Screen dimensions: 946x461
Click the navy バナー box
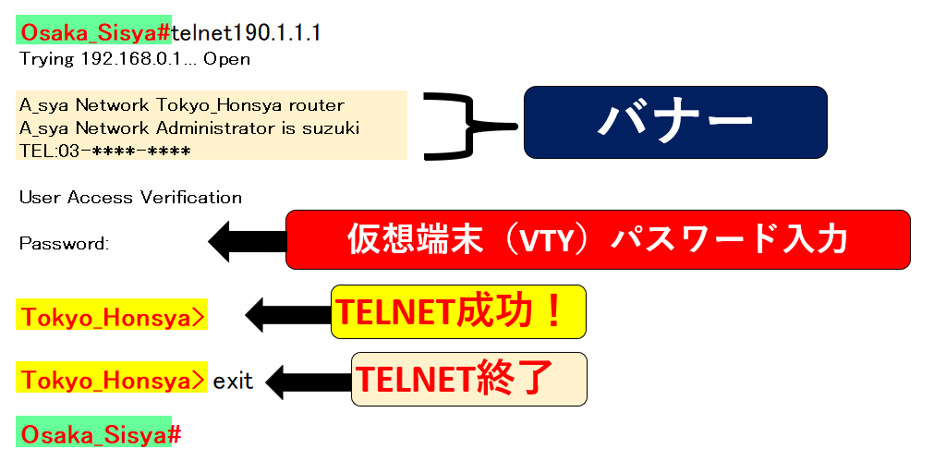click(675, 123)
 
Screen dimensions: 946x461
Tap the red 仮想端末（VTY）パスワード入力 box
click(598, 239)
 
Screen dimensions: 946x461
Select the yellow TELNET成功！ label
click(458, 311)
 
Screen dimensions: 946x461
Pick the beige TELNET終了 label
click(468, 379)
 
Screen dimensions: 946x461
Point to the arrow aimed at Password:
click(247, 241)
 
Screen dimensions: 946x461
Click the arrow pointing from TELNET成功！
click(288, 314)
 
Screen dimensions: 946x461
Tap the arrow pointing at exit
click(309, 382)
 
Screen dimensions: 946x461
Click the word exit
click(233, 382)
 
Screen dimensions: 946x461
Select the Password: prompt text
click(64, 244)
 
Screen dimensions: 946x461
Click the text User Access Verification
click(130, 198)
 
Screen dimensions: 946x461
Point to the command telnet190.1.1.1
click(246, 33)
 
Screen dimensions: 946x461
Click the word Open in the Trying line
click(227, 60)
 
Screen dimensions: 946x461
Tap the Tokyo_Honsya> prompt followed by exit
click(112, 379)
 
